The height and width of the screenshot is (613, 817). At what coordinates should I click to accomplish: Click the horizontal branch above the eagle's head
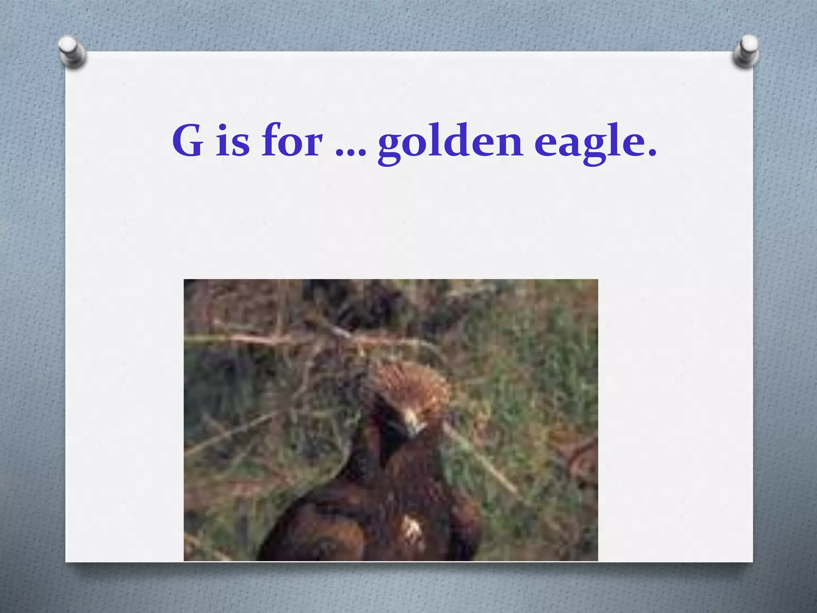coord(279,339)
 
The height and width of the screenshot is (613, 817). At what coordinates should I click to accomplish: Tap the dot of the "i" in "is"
coord(223,127)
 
